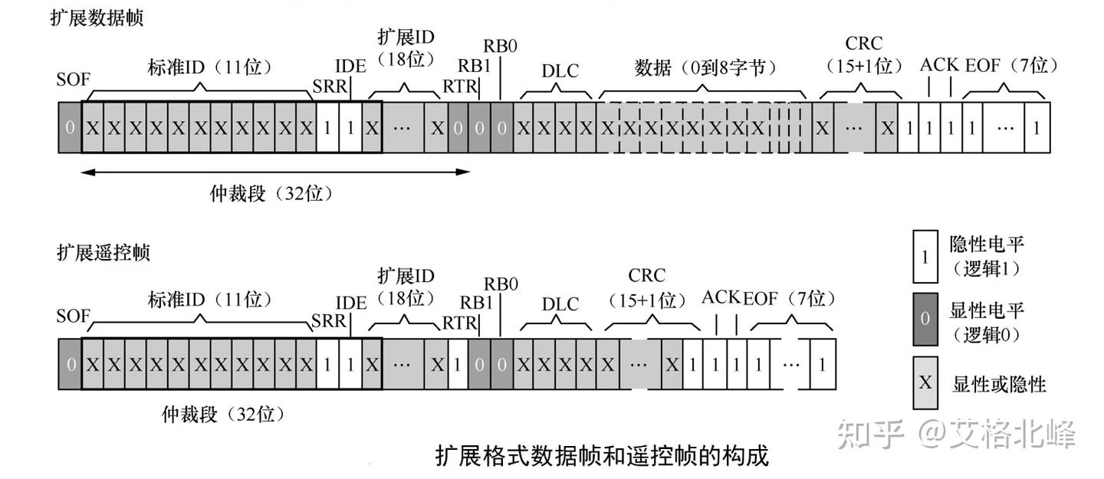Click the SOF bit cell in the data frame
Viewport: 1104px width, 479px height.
(x=70, y=128)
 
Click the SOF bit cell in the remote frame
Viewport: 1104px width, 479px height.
(x=70, y=364)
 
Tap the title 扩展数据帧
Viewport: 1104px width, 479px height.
(x=97, y=18)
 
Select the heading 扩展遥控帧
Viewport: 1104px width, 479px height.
(x=103, y=252)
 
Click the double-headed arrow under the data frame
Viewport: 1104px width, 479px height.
(x=275, y=172)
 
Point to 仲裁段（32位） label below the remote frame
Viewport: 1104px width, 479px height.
(x=223, y=415)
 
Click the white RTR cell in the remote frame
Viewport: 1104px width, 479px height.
(x=458, y=364)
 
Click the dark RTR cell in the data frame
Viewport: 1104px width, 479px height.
(x=458, y=128)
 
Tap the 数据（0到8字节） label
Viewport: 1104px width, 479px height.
(x=705, y=67)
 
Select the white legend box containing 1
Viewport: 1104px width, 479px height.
(x=925, y=257)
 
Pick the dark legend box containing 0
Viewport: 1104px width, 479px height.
(x=925, y=319)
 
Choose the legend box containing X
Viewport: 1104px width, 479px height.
(x=925, y=383)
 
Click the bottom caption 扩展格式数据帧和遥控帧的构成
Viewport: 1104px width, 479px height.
(x=602, y=456)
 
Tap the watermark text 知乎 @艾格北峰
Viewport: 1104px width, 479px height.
(x=956, y=434)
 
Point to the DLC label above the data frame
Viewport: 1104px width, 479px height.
(x=560, y=71)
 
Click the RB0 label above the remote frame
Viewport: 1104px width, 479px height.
(x=501, y=284)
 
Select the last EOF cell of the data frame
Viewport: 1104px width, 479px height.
(x=1037, y=128)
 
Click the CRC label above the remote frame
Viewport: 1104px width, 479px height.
(x=646, y=275)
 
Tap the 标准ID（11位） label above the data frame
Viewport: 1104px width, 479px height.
(x=209, y=67)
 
